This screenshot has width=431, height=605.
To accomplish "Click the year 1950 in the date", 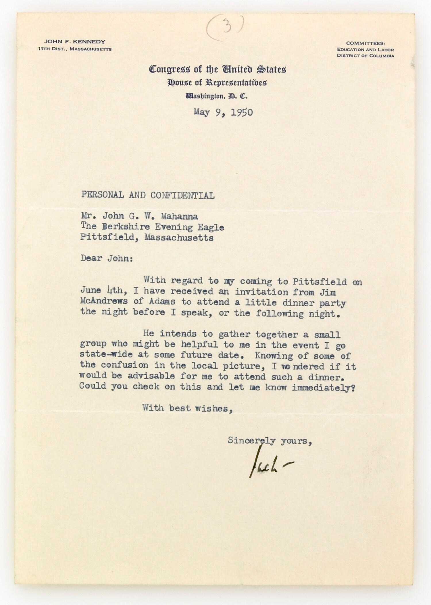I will [x=242, y=112].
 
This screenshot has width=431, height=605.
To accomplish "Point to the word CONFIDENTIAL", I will [x=182, y=196].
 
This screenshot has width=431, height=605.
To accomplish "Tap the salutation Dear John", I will [x=107, y=258].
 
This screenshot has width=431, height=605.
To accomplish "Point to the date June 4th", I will [x=102, y=291].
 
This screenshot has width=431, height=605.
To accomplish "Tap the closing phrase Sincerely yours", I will [x=270, y=441].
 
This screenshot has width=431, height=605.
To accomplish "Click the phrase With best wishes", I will [x=187, y=408].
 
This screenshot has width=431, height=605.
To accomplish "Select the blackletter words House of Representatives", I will [x=217, y=83].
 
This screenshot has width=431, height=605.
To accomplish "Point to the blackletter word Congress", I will [x=169, y=69].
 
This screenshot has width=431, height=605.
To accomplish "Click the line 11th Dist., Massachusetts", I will [x=75, y=49].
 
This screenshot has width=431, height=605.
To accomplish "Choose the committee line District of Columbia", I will [x=365, y=56].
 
